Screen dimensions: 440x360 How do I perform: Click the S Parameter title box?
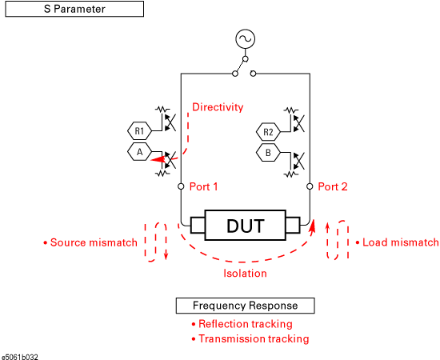point(74,9)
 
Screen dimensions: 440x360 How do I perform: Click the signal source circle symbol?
point(246,39)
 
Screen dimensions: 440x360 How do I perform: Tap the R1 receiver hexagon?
point(139,130)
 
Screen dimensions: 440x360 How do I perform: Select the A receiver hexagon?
point(139,152)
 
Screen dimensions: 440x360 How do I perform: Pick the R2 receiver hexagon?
point(268,131)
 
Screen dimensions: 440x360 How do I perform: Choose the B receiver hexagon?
point(268,153)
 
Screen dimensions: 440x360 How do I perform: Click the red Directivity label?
point(218,107)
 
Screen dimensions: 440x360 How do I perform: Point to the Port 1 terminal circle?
point(181,186)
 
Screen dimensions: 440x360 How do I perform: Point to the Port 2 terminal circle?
point(310,186)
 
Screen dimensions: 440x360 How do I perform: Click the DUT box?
point(246,226)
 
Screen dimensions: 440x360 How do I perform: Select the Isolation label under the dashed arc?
point(245,274)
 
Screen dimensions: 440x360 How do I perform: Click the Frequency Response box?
point(246,306)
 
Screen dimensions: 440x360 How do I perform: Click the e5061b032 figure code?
point(20,357)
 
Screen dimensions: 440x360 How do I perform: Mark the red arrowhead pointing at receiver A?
point(158,159)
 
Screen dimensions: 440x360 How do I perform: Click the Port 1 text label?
point(204,186)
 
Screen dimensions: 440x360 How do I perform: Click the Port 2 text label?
point(333,186)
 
